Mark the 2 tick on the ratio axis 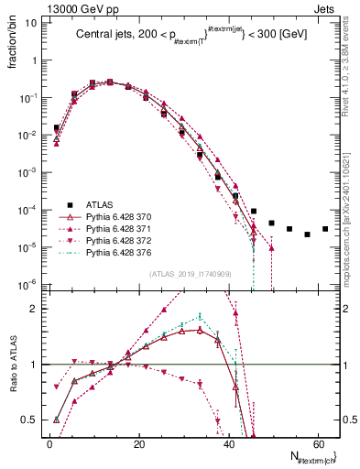coord(37,309)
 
